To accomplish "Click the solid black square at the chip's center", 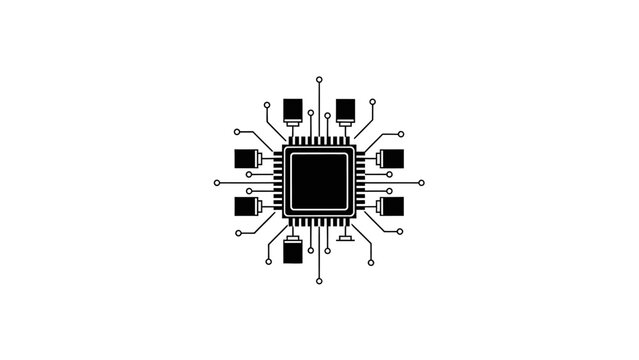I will tap(319, 182).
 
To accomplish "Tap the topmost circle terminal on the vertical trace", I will tap(319, 78).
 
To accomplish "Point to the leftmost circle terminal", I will tap(217, 183).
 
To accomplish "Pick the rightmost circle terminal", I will tap(421, 183).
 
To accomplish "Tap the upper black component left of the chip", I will tap(245, 158).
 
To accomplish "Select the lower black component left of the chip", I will tap(245, 207).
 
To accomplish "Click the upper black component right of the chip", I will tap(392, 158).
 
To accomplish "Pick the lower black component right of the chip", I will tap(392, 207).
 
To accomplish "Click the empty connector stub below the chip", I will tap(346, 240).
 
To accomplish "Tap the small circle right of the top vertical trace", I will tap(328, 115).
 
